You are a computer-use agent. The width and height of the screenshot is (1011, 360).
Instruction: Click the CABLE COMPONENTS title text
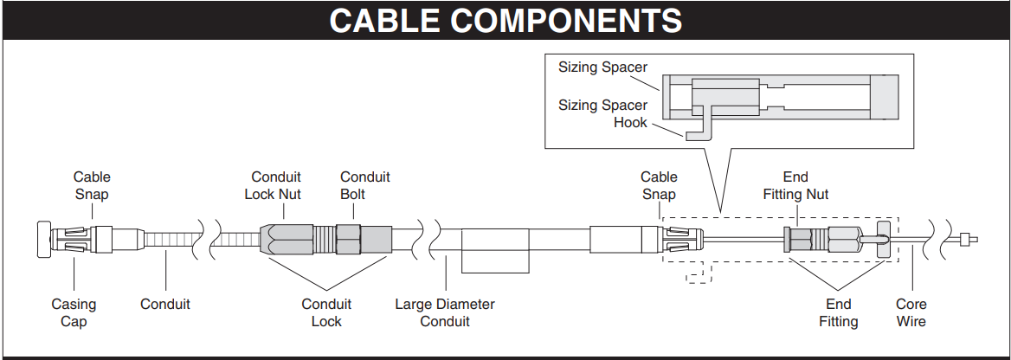pos(505,20)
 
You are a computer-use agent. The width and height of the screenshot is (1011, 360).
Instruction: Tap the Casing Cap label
pos(74,312)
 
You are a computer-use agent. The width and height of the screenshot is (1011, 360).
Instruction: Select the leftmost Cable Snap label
pos(91,185)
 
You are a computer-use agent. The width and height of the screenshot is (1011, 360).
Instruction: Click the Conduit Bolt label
pos(364,185)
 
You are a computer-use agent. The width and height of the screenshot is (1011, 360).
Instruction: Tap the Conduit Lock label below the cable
pos(326,312)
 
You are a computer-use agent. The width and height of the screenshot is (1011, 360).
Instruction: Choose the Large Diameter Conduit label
pos(444,312)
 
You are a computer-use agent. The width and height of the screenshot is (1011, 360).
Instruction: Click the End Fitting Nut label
pos(795,185)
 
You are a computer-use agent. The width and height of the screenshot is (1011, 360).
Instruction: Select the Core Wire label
pos(911,312)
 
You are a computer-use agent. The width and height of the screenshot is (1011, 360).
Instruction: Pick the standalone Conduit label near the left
pos(164,304)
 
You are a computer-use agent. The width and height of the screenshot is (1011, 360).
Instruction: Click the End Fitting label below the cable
pos(838,312)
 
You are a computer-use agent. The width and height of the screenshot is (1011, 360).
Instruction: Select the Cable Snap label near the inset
pos(658,185)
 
